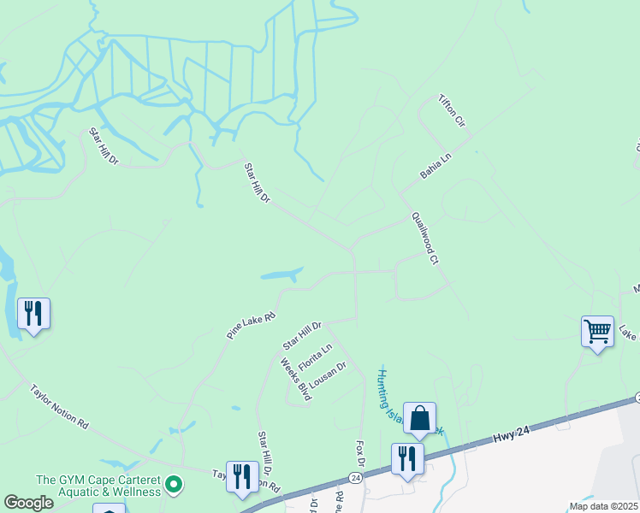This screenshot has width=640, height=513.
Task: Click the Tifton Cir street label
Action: click(453, 112)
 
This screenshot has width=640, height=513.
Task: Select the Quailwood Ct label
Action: click(424, 238)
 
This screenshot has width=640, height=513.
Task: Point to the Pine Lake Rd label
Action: click(252, 326)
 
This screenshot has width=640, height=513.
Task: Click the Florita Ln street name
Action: click(314, 357)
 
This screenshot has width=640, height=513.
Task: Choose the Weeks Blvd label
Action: click(295, 379)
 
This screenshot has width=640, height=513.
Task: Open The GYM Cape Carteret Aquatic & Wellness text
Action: click(98, 486)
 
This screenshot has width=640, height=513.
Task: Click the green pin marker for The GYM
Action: click(175, 486)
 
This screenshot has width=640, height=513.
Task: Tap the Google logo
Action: click(29, 503)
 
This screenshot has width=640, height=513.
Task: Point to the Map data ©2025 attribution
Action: click(604, 506)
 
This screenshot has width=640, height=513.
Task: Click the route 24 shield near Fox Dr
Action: click(355, 476)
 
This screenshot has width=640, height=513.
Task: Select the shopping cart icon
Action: click(597, 331)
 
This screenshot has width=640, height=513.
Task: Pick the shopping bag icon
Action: click(420, 418)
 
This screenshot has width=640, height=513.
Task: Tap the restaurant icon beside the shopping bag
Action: click(407, 458)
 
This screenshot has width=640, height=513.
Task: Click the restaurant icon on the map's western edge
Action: click(33, 314)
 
